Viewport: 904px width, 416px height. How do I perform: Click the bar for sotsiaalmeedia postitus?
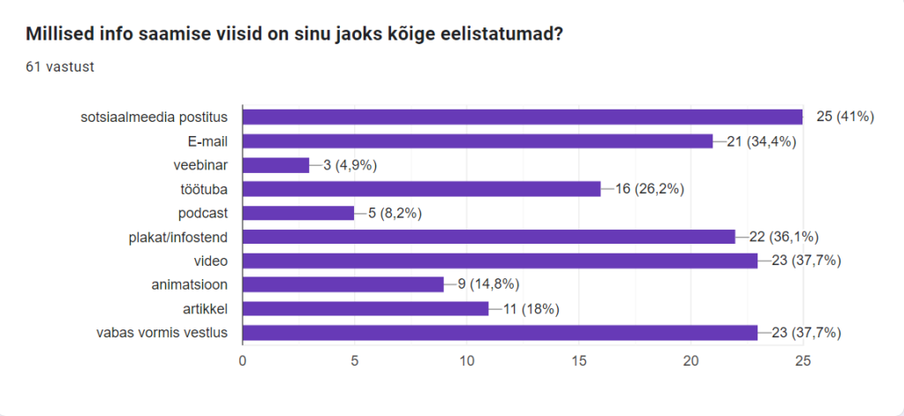(x=522, y=117)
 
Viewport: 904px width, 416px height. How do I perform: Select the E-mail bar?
(x=477, y=140)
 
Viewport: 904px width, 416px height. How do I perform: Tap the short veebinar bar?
(x=275, y=165)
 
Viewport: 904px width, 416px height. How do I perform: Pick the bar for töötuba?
(x=421, y=189)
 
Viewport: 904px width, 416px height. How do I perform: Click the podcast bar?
(x=298, y=213)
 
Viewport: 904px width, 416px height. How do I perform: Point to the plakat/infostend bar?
(x=488, y=237)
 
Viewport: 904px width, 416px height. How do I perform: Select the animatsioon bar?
(x=343, y=284)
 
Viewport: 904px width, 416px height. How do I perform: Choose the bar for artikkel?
(x=365, y=308)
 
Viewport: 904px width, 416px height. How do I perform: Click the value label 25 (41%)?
(x=845, y=117)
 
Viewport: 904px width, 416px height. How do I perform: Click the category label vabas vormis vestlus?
(x=162, y=332)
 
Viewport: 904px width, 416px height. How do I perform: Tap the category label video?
(x=211, y=261)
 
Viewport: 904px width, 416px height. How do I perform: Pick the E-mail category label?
(x=205, y=140)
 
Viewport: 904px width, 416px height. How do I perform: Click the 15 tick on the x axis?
(x=579, y=360)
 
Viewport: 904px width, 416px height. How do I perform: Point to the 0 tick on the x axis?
(x=243, y=360)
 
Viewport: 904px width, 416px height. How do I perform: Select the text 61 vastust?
(x=60, y=66)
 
